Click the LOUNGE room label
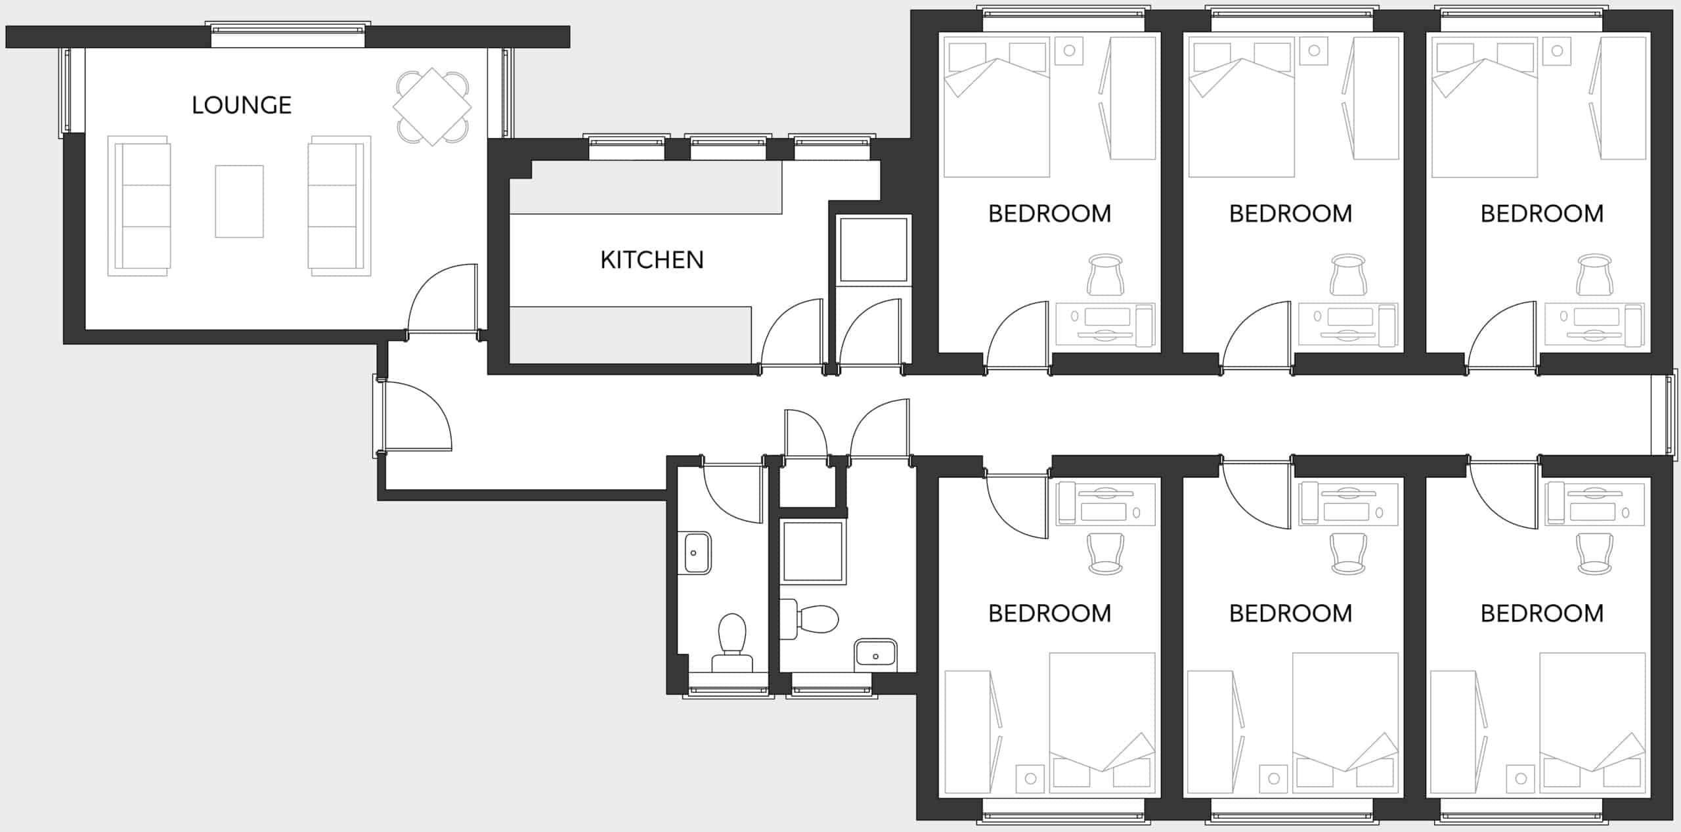click(x=242, y=105)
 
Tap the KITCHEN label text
click(x=651, y=260)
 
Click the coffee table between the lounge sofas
click(x=239, y=201)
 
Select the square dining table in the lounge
click(x=432, y=106)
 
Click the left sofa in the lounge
click(x=139, y=206)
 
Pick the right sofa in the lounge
click(x=339, y=206)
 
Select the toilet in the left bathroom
click(x=732, y=640)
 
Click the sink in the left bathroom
click(x=695, y=553)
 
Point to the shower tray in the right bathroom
click(x=812, y=551)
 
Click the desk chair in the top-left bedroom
click(x=1105, y=276)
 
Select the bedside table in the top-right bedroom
click(x=1557, y=51)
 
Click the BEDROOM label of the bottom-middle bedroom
click(x=1290, y=613)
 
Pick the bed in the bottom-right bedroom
click(x=1592, y=722)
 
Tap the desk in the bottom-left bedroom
click(x=1105, y=504)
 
